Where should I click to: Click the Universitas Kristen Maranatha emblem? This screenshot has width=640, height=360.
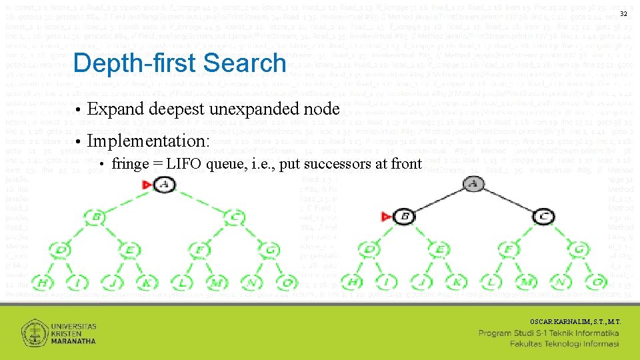(34, 333)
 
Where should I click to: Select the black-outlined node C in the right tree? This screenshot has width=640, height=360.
(544, 216)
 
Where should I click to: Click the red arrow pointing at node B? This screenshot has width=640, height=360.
(385, 216)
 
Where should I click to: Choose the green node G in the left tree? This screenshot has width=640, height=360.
(270, 250)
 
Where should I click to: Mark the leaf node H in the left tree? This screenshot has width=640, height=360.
(43, 283)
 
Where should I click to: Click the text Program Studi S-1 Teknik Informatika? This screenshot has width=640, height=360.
(549, 333)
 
